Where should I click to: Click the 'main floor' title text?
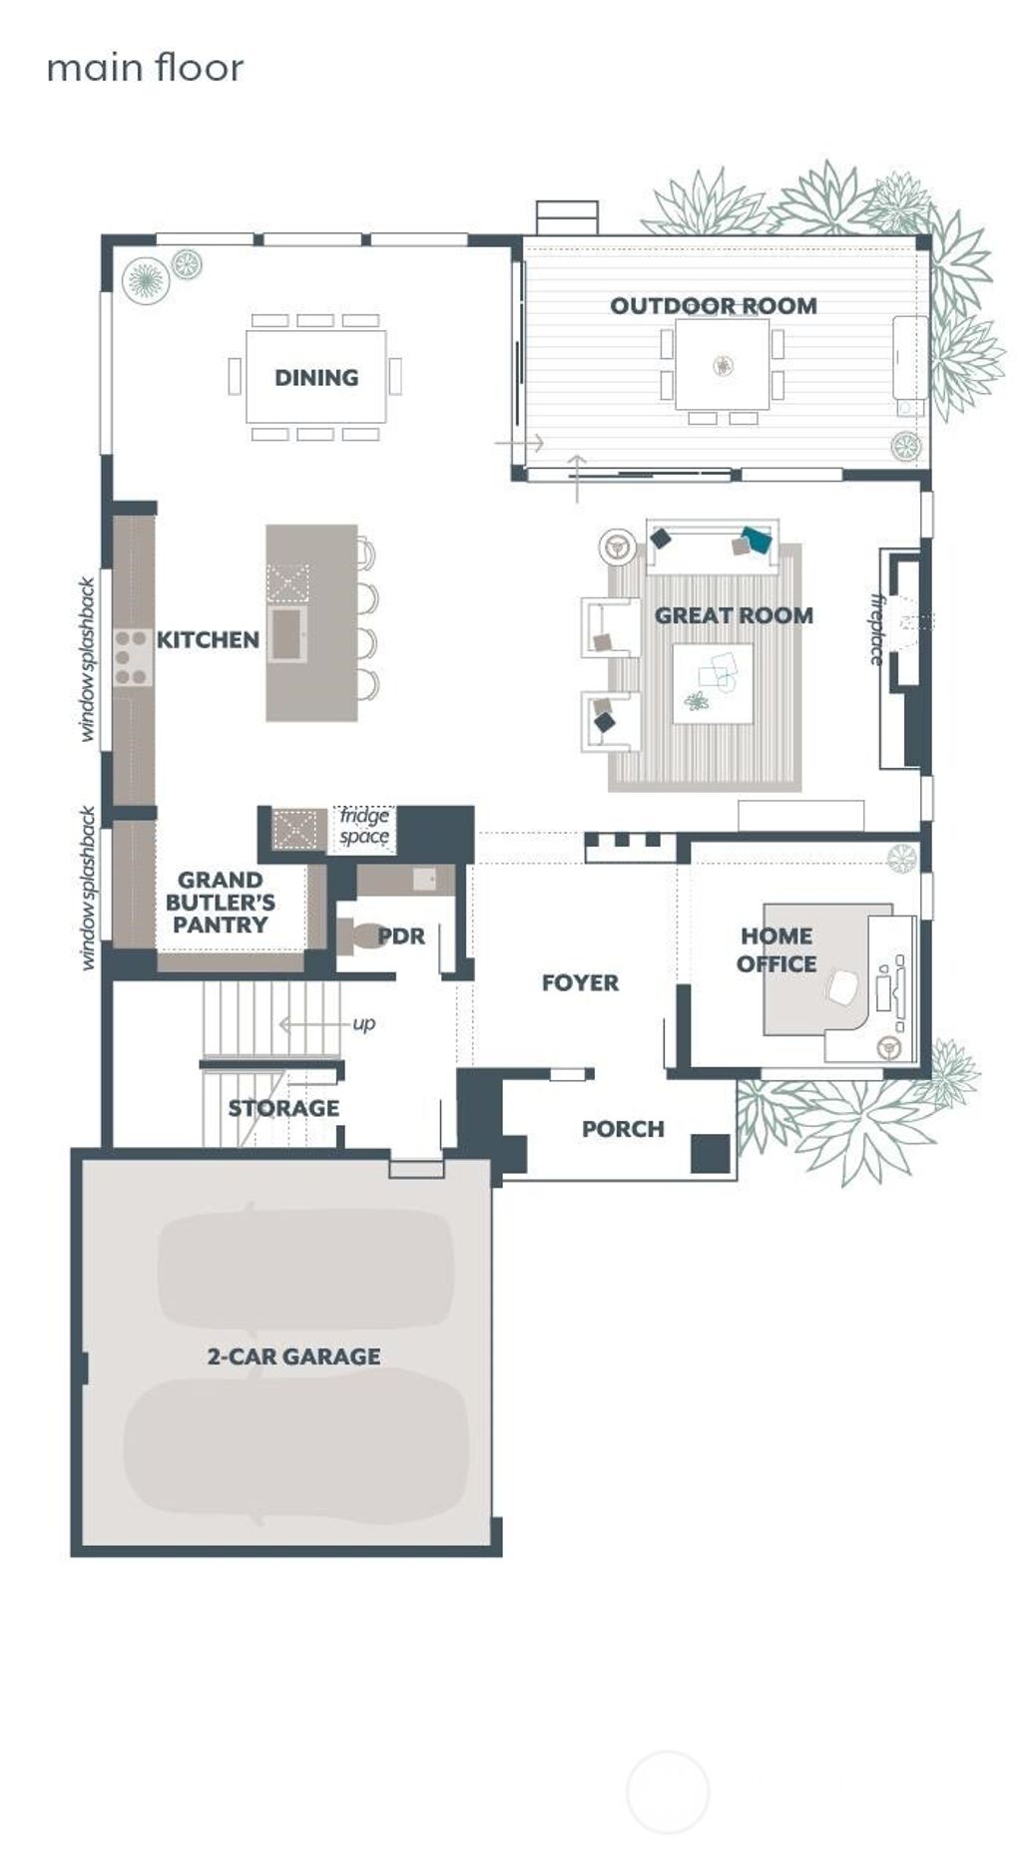[145, 68]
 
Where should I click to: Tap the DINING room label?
[316, 377]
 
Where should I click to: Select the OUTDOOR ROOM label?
[713, 305]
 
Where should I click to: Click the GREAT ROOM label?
[734, 615]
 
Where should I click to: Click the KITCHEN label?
[208, 639]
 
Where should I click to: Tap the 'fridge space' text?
[364, 827]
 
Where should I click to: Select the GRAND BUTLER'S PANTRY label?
[221, 902]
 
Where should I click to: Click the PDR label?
[401, 935]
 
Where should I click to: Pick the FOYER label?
[580, 982]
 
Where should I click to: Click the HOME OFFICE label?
[776, 949]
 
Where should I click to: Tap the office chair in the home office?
[843, 988]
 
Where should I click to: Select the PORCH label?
[623, 1129]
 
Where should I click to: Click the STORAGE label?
[283, 1108]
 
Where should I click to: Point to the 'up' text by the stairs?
[364, 1023]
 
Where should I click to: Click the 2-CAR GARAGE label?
[293, 1356]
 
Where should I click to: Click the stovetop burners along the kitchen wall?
[131, 657]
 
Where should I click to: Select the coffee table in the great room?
[713, 683]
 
